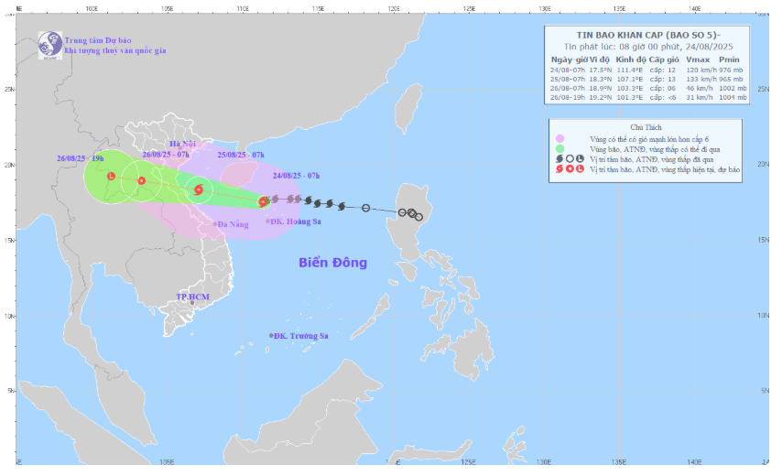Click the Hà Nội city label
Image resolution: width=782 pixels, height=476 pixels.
point(184,145)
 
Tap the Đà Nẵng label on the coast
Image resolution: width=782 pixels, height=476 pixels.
point(232,223)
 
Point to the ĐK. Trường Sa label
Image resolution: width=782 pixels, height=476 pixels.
point(301,336)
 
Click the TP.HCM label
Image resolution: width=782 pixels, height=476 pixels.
point(193,297)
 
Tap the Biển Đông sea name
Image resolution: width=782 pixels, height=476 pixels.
point(332,263)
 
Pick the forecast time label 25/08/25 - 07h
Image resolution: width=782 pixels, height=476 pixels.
point(241,155)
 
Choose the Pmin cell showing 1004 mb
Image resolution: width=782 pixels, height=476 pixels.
point(732,99)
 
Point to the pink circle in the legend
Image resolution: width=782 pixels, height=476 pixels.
point(559,138)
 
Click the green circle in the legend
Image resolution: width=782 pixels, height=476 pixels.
point(559,148)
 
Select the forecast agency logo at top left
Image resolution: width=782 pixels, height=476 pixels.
point(47,44)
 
